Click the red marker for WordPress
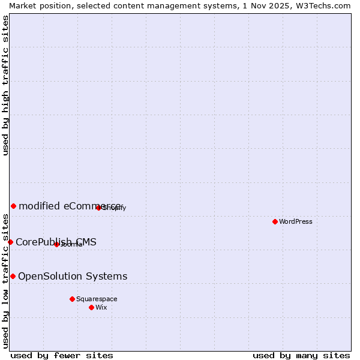(275, 221)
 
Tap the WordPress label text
(296, 221)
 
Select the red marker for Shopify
(99, 208)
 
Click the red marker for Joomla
(56, 244)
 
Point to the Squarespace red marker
(72, 299)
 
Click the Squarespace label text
(97, 299)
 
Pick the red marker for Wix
(91, 307)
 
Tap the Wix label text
(101, 307)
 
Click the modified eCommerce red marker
(13, 206)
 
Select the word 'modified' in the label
(39, 206)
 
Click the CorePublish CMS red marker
(10, 242)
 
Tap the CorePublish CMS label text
(56, 242)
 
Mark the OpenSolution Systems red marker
(13, 276)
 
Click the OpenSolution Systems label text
(73, 277)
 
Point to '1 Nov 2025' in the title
(260, 5)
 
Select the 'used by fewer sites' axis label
(62, 355)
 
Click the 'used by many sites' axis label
(301, 355)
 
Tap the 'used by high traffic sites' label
(5, 85)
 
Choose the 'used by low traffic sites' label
(5, 281)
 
